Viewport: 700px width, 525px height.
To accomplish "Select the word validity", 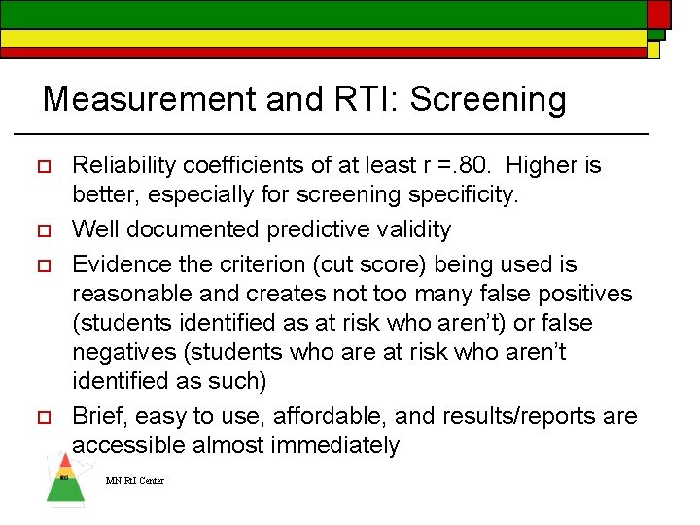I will pos(412,230).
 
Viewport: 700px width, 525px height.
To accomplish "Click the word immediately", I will pos(338,445).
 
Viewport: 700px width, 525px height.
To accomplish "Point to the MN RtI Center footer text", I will pos(135,481).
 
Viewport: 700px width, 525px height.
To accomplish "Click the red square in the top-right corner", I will pos(659,13).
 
